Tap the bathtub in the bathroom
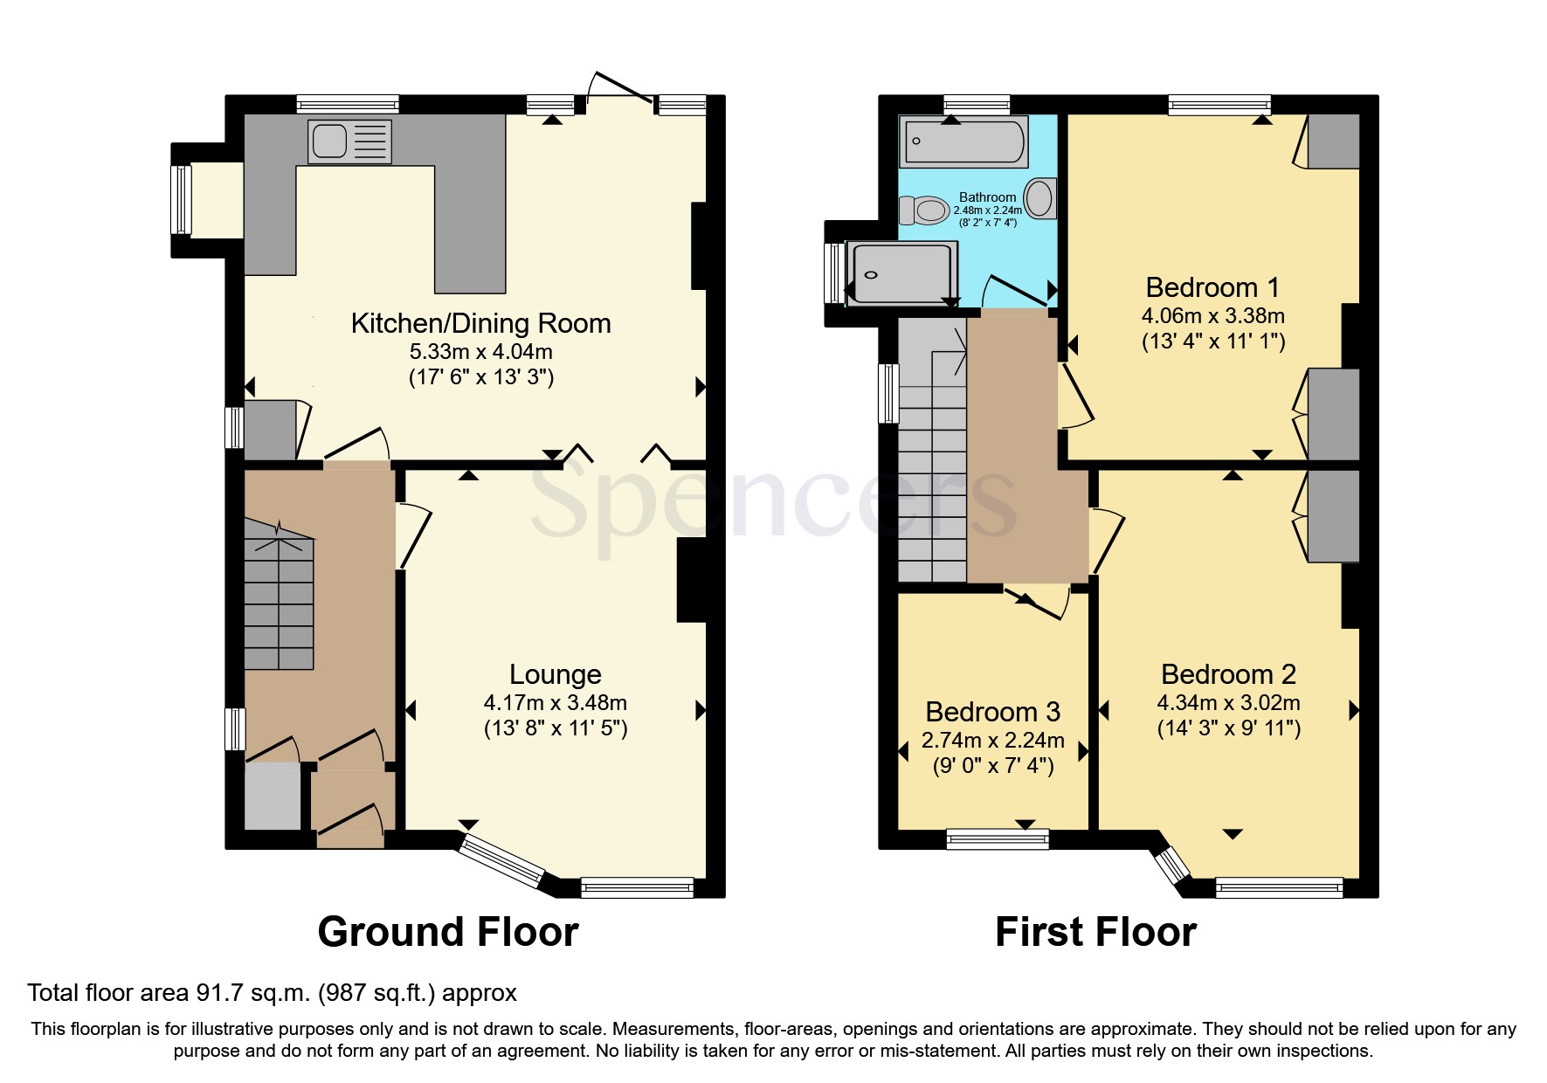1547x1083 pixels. click(x=964, y=141)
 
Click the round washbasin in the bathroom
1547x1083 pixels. click(x=1039, y=198)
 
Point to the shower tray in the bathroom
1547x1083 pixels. click(x=904, y=273)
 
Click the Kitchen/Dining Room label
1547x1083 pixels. click(x=480, y=324)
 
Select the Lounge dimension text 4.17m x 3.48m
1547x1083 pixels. click(x=555, y=702)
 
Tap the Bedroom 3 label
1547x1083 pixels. click(x=992, y=712)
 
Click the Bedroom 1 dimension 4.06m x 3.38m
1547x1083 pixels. click(x=1212, y=315)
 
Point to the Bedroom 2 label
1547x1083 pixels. click(x=1228, y=674)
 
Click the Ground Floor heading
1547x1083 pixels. click(x=447, y=932)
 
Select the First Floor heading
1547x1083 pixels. click(x=1095, y=932)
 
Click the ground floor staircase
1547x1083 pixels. click(x=279, y=603)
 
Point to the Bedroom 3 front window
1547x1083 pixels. click(x=998, y=840)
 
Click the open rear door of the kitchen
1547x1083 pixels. click(x=620, y=87)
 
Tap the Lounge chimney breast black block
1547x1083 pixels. click(x=692, y=581)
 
